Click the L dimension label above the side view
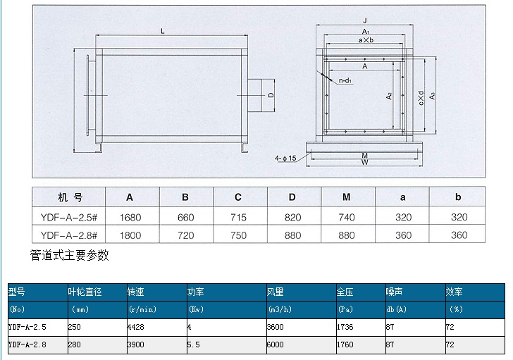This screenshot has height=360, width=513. coord(162,32)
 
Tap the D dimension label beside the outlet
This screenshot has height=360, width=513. coord(271,95)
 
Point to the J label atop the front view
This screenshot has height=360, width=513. coord(365,20)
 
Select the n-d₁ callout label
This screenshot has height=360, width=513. coord(345,80)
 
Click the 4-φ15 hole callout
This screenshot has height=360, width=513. coord(285,159)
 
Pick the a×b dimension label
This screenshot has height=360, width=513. coord(366,40)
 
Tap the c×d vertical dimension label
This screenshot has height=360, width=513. coord(421,98)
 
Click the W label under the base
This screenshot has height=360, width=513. coord(365,162)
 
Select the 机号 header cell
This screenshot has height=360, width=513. coord(70,197)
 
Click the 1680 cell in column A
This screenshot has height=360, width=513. coord(130,218)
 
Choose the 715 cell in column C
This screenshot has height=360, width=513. coord(238,218)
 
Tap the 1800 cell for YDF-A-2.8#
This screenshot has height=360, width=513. coord(130,235)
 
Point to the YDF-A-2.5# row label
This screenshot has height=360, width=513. coord(69,218)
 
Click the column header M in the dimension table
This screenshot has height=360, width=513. coord(347,197)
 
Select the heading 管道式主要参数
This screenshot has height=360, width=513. coord(69,255)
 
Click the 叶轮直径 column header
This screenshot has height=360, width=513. coord(85,292)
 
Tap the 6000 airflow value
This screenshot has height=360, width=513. coord(275,345)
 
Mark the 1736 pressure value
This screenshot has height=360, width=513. coord(345,327)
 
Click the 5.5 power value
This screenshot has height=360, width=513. coord(193,345)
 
